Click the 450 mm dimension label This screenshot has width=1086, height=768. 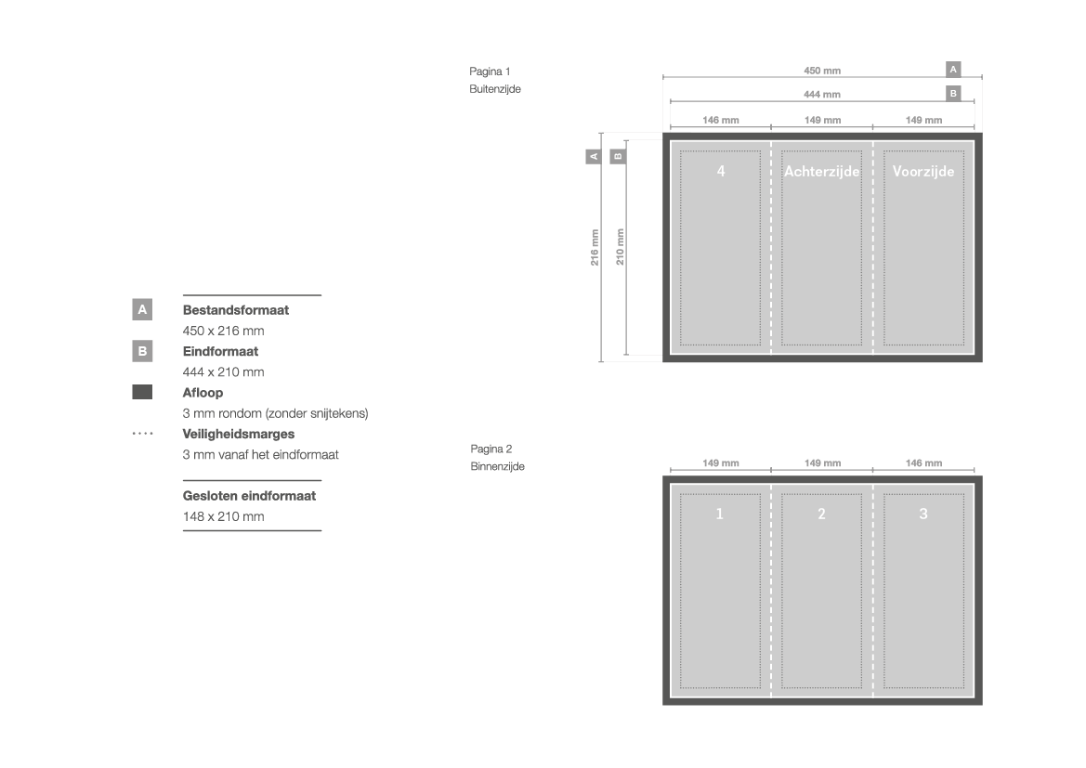(822, 71)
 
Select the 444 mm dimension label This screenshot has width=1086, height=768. (822, 94)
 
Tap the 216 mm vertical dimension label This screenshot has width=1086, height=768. (595, 247)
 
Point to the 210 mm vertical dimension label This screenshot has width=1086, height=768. (620, 247)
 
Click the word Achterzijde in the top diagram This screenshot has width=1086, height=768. (821, 171)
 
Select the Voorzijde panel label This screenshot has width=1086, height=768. (923, 171)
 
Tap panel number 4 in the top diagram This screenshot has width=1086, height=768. (721, 171)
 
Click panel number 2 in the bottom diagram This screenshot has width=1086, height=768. (821, 514)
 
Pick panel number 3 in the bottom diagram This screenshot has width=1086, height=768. (923, 514)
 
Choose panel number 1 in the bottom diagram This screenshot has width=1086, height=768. (720, 514)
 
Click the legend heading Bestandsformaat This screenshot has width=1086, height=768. (235, 310)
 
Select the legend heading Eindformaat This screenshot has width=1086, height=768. (220, 351)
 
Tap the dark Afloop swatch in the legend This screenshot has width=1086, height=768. (142, 392)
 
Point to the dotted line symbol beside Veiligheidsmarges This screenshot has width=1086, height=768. (142, 434)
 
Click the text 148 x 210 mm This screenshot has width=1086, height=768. (224, 516)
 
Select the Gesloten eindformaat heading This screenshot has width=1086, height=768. (249, 496)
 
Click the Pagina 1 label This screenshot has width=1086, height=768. (490, 72)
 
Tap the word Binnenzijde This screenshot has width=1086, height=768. (497, 467)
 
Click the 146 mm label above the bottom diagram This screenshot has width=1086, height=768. (924, 463)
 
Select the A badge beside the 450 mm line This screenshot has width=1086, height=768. (954, 70)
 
